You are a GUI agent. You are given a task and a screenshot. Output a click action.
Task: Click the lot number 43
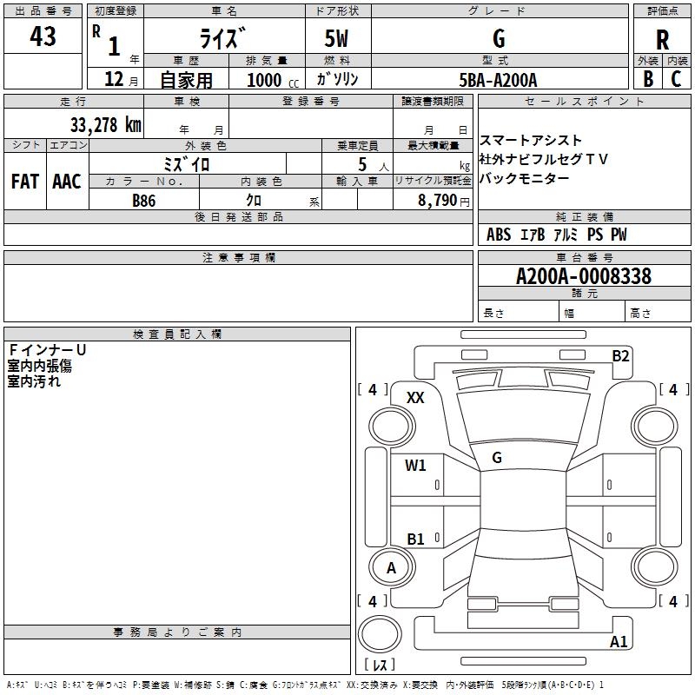click(x=43, y=37)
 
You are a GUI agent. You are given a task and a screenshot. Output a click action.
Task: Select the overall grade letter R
click(x=662, y=39)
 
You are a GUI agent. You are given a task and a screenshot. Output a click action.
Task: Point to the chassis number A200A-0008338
click(x=583, y=276)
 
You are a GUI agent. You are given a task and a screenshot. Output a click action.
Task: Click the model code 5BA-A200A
click(x=498, y=80)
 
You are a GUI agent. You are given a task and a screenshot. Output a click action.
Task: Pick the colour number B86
click(x=144, y=200)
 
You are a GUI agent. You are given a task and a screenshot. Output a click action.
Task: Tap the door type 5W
click(x=338, y=39)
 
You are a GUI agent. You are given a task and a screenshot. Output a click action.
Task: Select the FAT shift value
click(x=25, y=182)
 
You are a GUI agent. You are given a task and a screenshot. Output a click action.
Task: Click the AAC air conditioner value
click(x=67, y=182)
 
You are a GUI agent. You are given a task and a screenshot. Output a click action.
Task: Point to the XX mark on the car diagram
click(x=415, y=397)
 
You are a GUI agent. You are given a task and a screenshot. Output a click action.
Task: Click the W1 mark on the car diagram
click(x=415, y=466)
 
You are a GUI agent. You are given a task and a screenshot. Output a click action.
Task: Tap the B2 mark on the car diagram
click(x=620, y=355)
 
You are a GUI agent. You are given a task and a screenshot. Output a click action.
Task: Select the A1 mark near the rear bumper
click(x=619, y=642)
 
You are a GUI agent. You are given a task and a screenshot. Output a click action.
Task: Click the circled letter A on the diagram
click(x=391, y=568)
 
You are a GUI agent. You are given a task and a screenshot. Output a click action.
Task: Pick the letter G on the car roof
click(x=496, y=457)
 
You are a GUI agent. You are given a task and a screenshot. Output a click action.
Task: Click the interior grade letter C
click(x=676, y=79)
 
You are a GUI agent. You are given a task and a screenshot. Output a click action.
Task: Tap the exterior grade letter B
click(x=648, y=79)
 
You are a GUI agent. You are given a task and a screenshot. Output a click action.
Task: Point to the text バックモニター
click(x=525, y=178)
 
